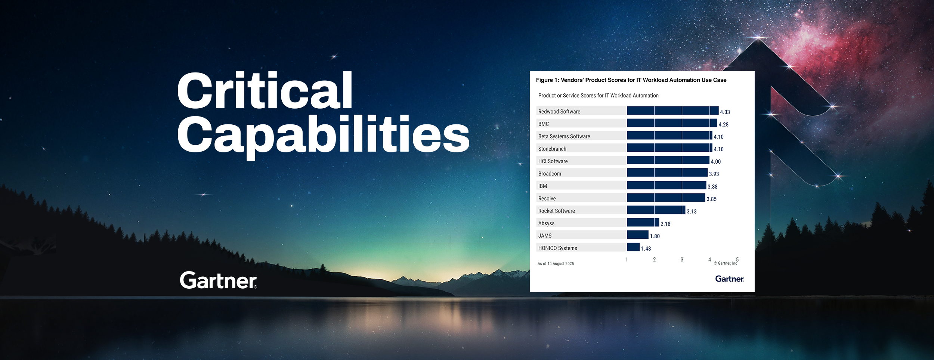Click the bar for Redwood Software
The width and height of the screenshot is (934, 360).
672,111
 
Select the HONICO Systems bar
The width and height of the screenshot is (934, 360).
633,247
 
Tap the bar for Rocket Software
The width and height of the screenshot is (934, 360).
656,210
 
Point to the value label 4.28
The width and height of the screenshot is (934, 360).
723,124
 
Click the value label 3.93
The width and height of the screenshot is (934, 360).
714,174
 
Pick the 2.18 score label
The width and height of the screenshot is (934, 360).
665,224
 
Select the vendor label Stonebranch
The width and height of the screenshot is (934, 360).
552,149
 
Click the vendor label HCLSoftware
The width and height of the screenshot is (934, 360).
553,161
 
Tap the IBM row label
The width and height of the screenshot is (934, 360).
542,186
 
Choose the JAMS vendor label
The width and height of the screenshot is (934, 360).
545,236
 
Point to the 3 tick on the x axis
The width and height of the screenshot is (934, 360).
682,260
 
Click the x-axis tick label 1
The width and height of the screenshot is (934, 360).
627,260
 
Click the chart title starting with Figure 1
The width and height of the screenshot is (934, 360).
631,80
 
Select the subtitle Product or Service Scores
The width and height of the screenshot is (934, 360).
598,96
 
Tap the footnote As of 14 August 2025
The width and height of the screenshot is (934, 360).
556,264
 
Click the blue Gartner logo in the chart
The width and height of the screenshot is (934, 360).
729,279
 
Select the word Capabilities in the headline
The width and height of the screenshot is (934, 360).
323,135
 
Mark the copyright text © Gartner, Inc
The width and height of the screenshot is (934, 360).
725,263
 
